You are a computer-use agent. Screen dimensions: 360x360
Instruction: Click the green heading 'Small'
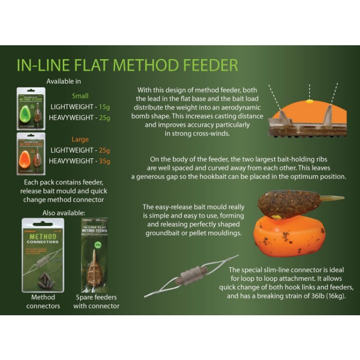point(80,96)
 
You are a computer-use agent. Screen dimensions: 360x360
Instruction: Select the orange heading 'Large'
point(80,139)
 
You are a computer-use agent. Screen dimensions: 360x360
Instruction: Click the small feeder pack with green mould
point(31,108)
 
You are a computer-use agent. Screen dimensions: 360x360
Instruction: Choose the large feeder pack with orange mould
point(31,153)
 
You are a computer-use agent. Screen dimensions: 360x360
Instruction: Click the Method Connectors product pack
point(43,254)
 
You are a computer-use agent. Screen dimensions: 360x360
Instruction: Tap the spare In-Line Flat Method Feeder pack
point(95,255)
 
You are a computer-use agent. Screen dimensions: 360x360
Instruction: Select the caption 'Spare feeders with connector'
point(96,302)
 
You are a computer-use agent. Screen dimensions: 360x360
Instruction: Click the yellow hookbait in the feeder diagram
point(310,102)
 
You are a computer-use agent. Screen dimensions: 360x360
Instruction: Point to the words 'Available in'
point(64,81)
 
